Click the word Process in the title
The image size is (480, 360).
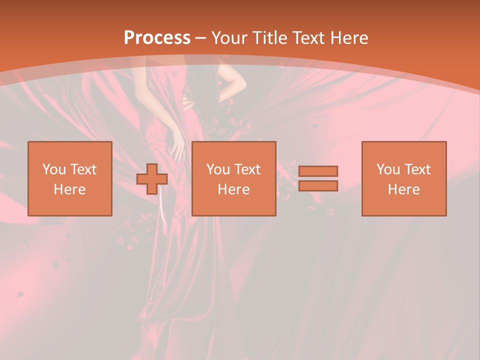click(157, 38)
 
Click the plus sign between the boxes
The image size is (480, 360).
click(152, 179)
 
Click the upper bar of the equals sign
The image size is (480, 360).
click(318, 171)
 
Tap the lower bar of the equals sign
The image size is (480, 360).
click(318, 185)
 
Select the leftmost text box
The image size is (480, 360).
click(70, 179)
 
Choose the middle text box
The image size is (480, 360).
click(234, 179)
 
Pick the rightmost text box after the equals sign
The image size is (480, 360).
click(404, 179)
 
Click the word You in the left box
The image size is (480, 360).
click(54, 169)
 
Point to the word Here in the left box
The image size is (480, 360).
click(70, 189)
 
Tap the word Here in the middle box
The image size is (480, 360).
click(234, 189)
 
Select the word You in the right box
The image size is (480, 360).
click(388, 169)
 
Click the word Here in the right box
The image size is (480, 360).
click(404, 189)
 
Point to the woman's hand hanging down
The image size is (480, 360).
click(177, 150)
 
